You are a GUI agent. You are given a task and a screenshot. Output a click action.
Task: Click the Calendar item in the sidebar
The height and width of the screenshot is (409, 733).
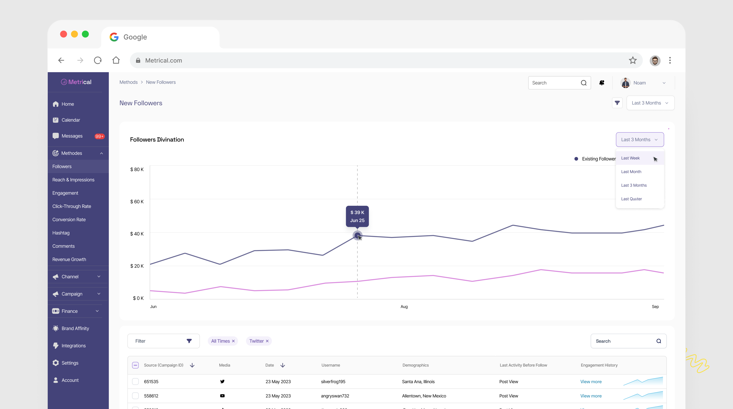coord(71,120)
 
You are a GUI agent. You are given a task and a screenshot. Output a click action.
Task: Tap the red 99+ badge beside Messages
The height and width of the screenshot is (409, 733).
coord(99,136)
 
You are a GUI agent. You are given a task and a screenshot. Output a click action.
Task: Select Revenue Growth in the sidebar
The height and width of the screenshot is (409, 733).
coord(69,259)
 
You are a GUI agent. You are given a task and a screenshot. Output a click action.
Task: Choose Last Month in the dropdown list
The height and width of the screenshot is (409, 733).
coord(631,172)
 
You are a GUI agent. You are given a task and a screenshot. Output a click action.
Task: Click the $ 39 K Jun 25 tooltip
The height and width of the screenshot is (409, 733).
coord(357,216)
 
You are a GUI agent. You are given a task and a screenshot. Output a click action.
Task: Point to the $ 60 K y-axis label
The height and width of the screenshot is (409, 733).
coord(137,202)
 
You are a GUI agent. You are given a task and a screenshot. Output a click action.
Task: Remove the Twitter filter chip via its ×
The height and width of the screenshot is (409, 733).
coord(267,341)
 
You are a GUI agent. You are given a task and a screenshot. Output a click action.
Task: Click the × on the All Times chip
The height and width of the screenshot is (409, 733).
coord(233,341)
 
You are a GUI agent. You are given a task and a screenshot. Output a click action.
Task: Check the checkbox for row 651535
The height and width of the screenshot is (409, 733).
coord(135,382)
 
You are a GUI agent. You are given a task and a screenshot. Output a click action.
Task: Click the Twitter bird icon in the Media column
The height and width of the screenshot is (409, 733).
coord(222,382)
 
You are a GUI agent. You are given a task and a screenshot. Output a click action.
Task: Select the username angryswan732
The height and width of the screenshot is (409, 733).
coord(335,396)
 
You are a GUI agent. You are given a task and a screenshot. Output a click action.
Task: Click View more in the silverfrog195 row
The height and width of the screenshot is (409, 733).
coord(591,382)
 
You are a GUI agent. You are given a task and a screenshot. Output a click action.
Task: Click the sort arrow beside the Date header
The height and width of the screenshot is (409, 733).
coord(283,365)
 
